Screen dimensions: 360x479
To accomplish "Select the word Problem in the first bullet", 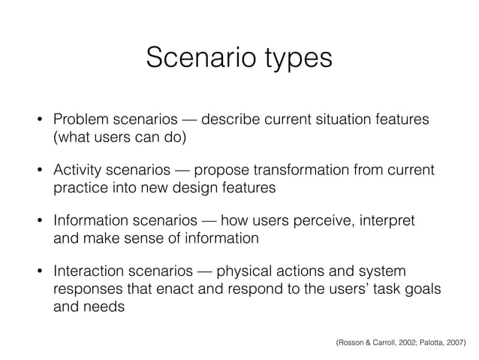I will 79,121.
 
